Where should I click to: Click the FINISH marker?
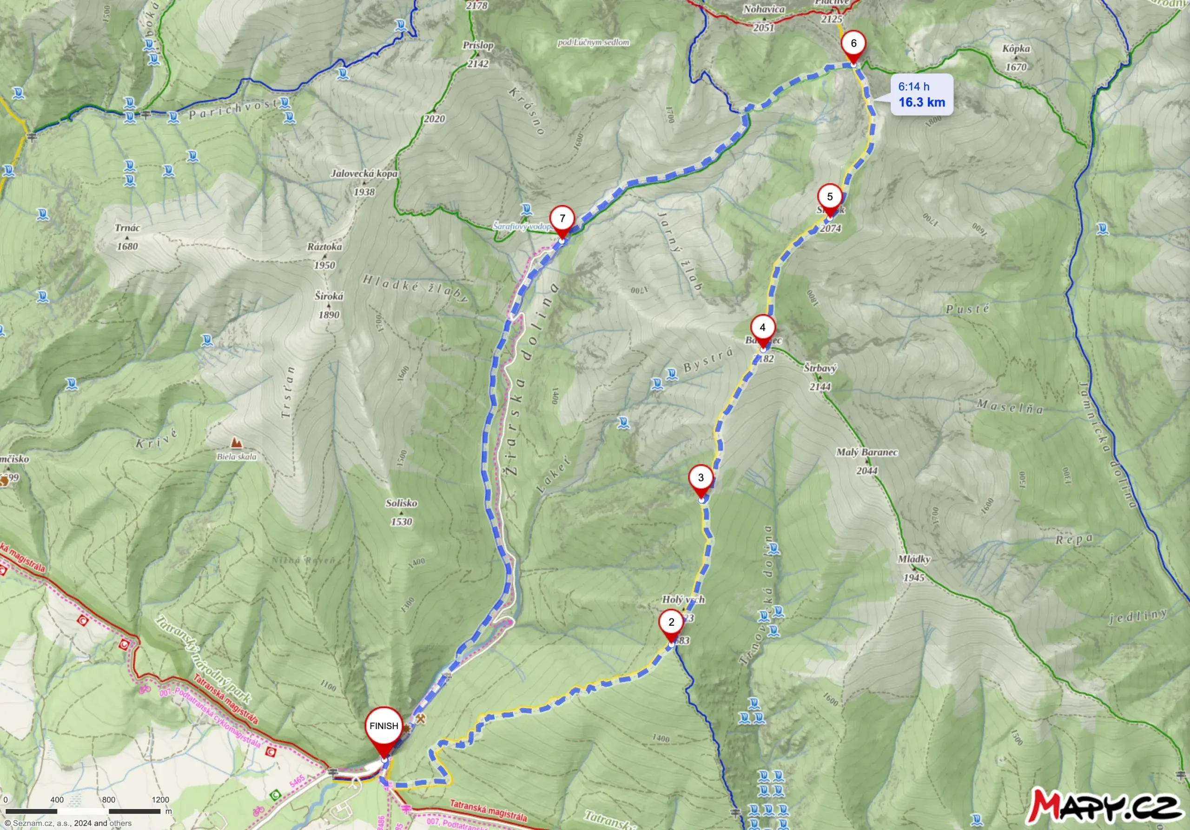[383, 726]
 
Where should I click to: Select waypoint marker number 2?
[671, 622]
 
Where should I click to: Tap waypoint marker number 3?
[701, 478]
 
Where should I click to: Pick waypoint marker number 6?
[853, 44]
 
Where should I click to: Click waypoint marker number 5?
[829, 197]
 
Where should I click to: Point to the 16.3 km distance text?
[921, 102]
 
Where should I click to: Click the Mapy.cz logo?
[1104, 805]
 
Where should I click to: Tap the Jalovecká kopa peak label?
[364, 173]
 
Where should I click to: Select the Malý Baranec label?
[866, 452]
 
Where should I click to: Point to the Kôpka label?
[1016, 49]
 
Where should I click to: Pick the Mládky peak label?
[914, 559]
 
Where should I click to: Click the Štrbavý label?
[820, 368]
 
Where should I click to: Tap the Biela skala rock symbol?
[236, 442]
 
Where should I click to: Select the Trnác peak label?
[127, 228]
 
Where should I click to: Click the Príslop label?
[478, 45]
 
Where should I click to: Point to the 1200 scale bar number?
[161, 799]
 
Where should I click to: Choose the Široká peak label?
[329, 296]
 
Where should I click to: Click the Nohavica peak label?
[763, 9]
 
